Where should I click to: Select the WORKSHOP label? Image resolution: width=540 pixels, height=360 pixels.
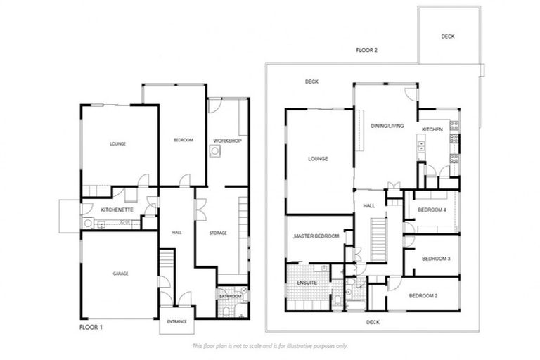click(x=227, y=141)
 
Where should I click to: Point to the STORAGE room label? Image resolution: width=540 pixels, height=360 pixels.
click(x=218, y=233)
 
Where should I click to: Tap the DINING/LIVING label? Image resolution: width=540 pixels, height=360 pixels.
click(x=387, y=126)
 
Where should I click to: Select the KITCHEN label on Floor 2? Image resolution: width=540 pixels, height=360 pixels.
click(x=432, y=130)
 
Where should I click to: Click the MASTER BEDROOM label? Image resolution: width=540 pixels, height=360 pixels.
click(x=317, y=236)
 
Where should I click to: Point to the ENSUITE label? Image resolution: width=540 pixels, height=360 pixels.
click(x=307, y=283)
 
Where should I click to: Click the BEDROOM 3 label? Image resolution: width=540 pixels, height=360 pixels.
click(x=435, y=259)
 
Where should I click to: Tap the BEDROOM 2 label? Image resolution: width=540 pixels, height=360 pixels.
click(x=423, y=296)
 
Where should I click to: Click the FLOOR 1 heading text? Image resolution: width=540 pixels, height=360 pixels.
click(x=91, y=327)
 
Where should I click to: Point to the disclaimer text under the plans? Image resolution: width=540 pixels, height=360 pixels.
click(x=269, y=346)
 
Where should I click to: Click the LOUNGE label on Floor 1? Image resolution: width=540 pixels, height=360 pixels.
click(x=117, y=144)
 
